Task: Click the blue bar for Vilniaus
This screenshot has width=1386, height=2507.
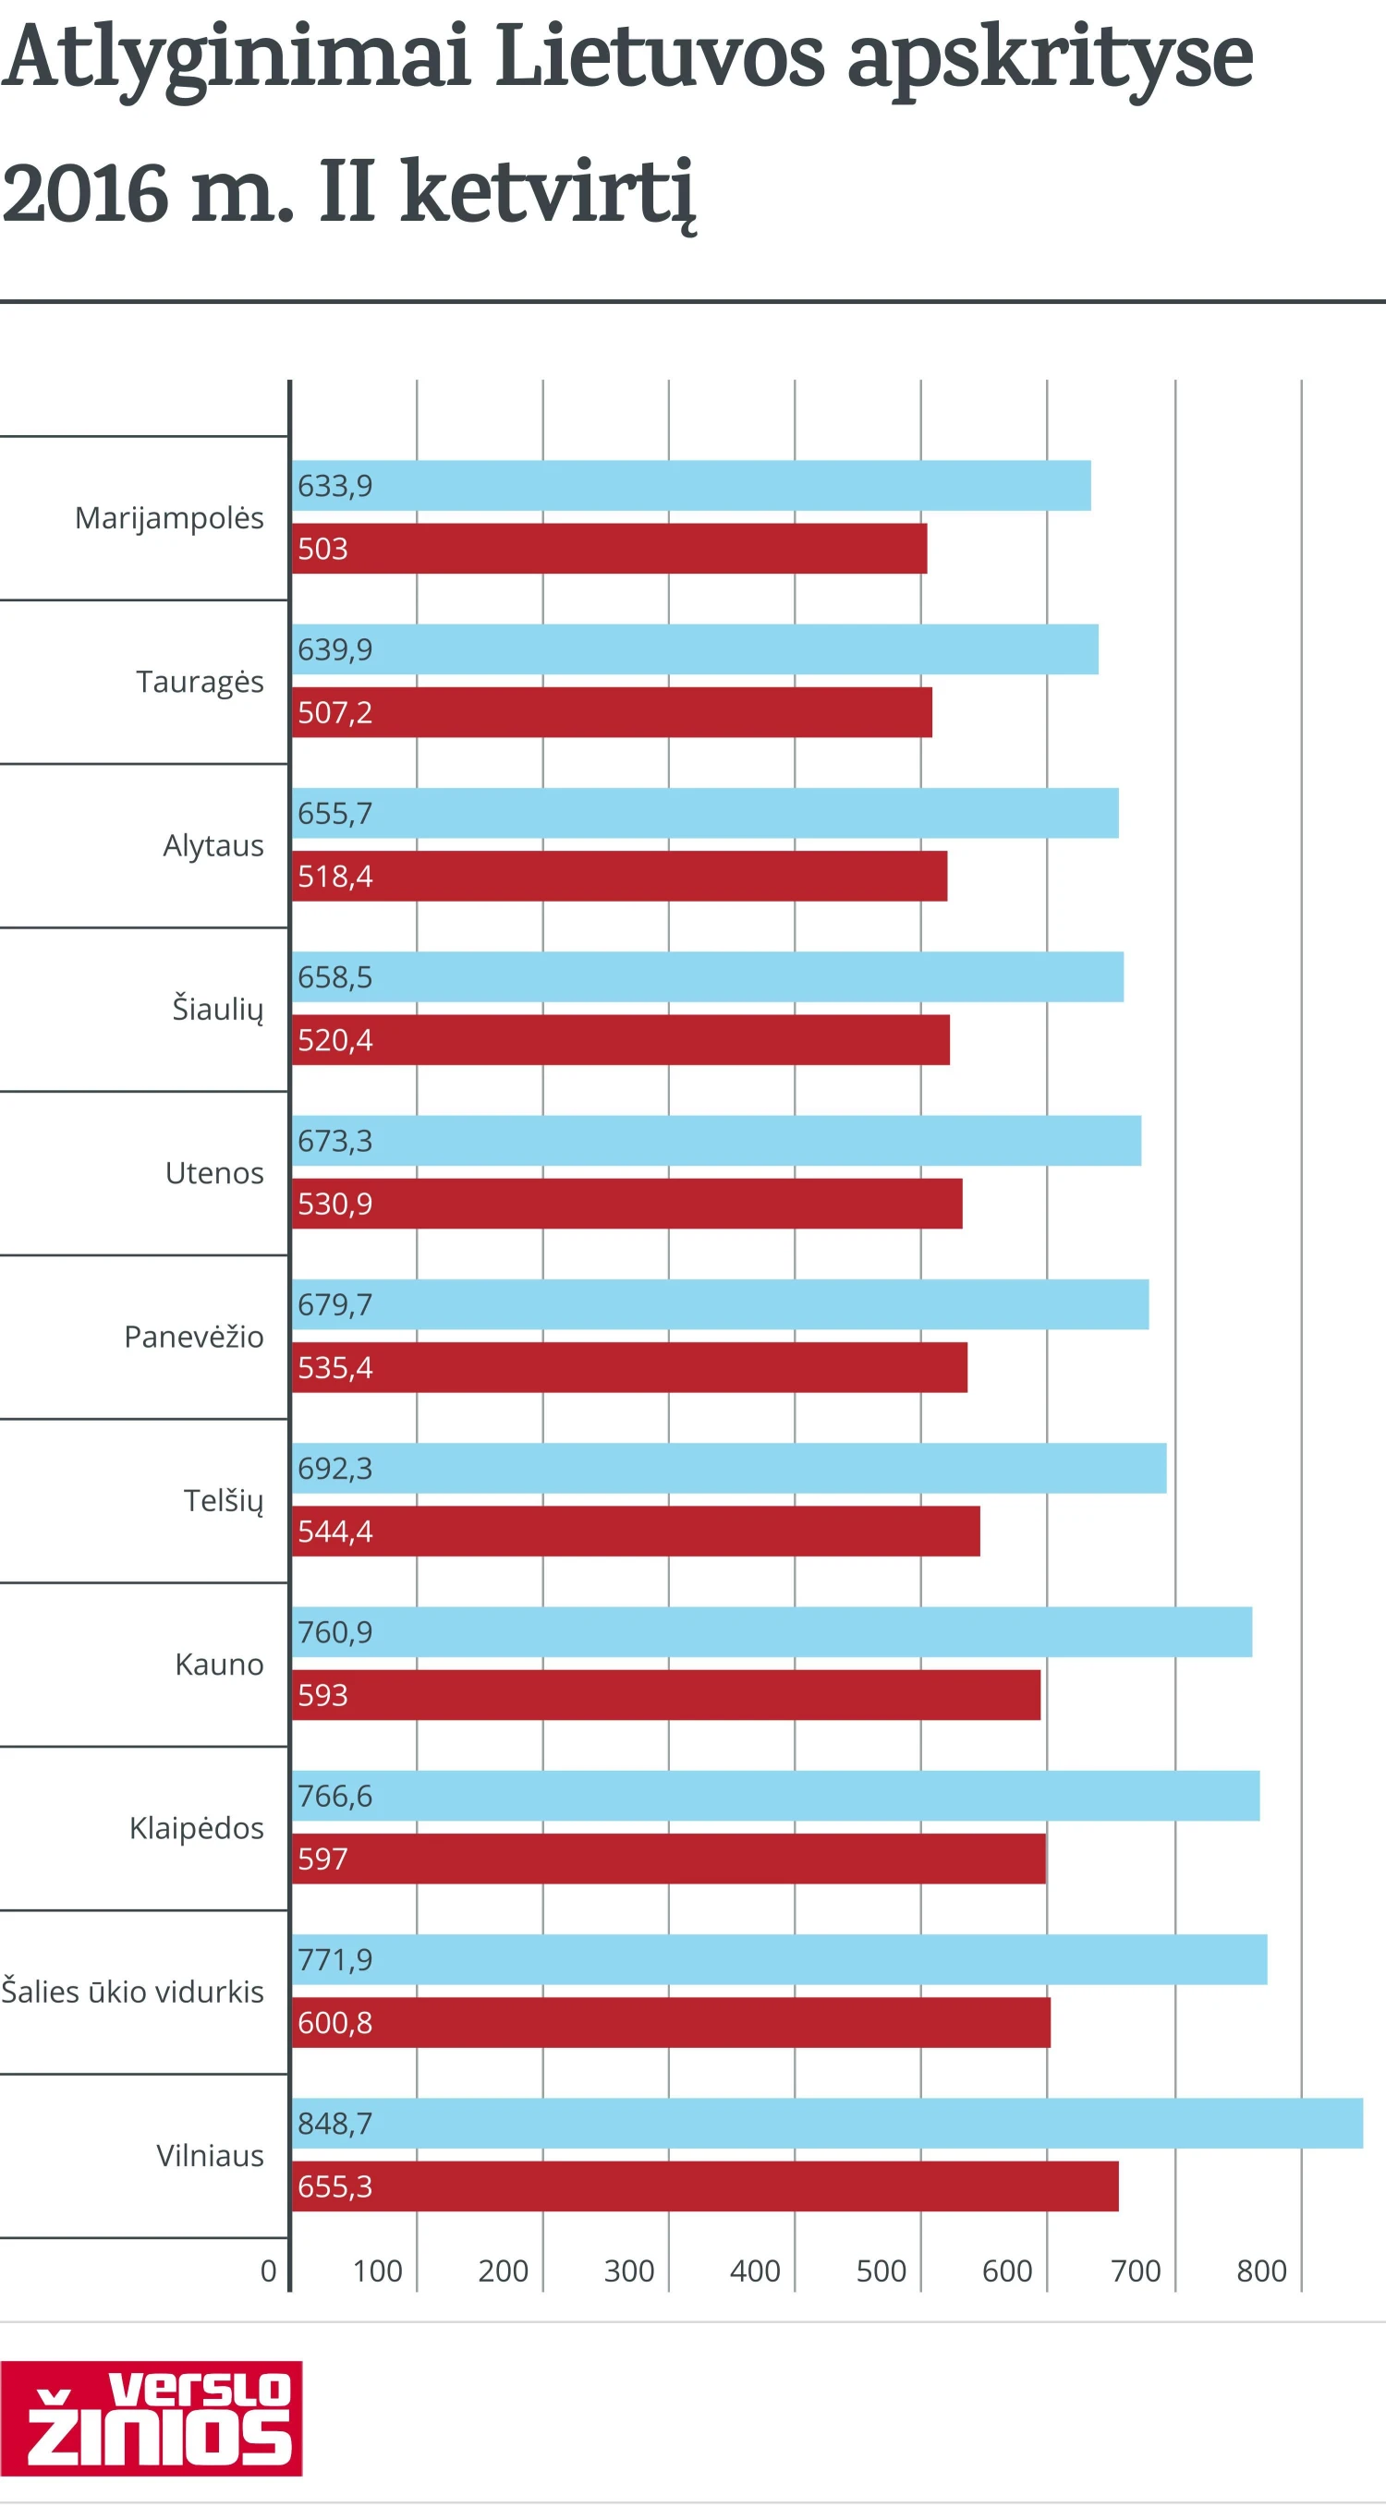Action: (827, 2124)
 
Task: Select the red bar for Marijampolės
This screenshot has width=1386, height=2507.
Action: (609, 549)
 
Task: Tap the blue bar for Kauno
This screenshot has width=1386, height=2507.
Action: (772, 1632)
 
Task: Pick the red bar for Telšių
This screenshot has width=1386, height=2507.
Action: (636, 1532)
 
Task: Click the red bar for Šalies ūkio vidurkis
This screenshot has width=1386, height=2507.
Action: (672, 2023)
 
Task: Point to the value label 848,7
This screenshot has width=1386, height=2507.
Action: (334, 2124)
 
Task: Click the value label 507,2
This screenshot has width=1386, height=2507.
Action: (334, 713)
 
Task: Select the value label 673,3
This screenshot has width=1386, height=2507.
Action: (334, 1141)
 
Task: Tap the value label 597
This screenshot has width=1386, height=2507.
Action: (322, 1859)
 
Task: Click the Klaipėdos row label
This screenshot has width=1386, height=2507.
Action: (197, 1829)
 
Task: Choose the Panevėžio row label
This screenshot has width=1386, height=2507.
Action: (194, 1338)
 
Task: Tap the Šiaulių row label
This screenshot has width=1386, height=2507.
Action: (217, 1010)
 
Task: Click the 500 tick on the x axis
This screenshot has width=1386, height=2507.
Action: (881, 2271)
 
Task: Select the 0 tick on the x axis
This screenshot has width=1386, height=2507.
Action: (269, 2271)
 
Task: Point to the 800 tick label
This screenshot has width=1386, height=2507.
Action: (1261, 2271)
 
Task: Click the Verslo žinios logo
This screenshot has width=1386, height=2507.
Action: (151, 2418)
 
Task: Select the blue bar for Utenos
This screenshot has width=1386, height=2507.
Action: (716, 1141)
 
